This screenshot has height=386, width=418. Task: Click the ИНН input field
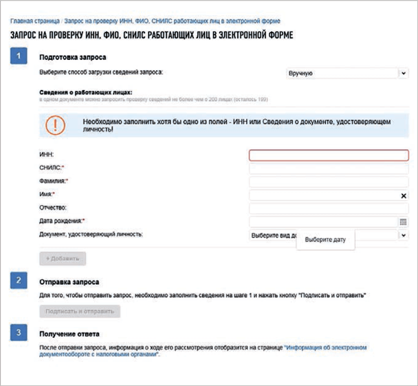click(x=329, y=156)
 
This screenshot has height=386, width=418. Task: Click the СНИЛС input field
click(x=329, y=169)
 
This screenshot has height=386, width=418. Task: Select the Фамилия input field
click(x=329, y=182)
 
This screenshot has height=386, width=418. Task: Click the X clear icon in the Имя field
click(x=404, y=195)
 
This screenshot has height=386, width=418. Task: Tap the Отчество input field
click(x=329, y=208)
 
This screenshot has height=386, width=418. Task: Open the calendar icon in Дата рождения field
click(x=404, y=222)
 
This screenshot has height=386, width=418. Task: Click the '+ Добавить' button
click(x=63, y=259)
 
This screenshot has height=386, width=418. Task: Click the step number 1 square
click(x=19, y=56)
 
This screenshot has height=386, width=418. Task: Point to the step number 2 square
click(x=19, y=281)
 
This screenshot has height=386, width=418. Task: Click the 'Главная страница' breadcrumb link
click(x=33, y=22)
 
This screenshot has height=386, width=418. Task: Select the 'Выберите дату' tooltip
click(x=325, y=240)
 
